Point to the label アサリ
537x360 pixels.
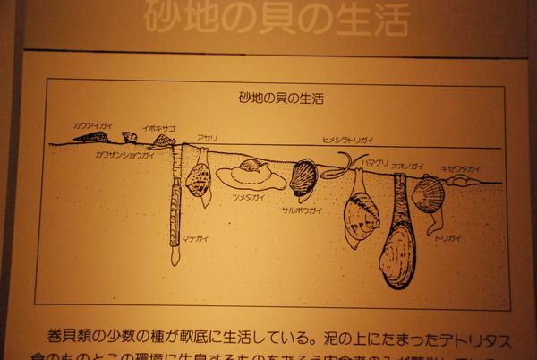tap(207, 139)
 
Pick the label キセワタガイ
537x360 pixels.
tap(460, 168)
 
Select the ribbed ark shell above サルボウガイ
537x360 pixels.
tap(304, 177)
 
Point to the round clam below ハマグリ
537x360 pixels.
tap(362, 218)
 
